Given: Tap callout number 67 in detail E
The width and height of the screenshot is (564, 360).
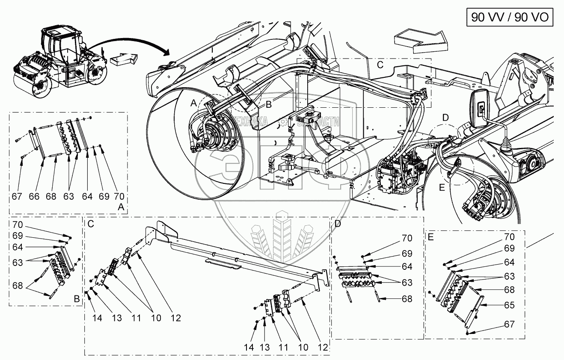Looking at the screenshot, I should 509,324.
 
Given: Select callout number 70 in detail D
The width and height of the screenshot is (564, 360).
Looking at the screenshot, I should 407,238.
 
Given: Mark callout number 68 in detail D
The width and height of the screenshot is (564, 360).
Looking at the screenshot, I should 407,299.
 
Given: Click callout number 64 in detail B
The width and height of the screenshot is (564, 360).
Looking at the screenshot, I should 18,247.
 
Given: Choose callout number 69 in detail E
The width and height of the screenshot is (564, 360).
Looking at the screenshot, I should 509,248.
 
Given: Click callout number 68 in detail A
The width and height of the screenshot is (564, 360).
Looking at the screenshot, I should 51,196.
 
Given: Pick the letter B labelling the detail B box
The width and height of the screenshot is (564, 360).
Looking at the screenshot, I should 77,299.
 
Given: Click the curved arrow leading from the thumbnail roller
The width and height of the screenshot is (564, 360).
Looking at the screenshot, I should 137,43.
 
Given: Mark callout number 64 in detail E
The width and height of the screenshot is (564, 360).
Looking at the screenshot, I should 509,262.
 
